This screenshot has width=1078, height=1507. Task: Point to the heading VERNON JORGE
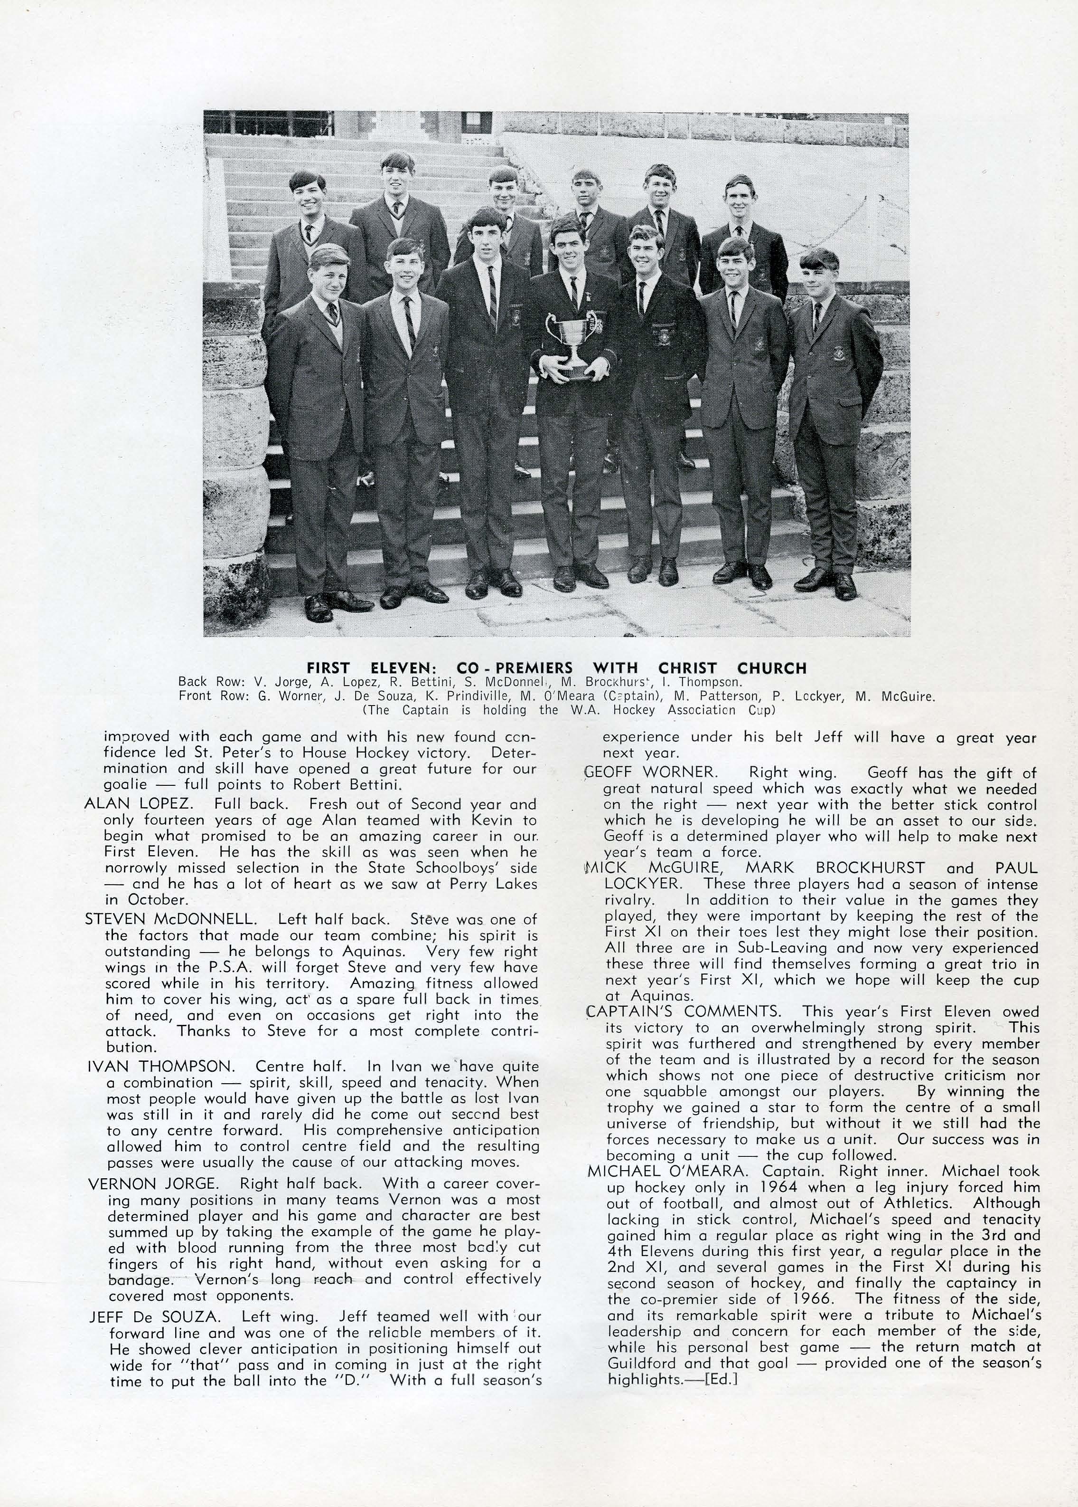[x=152, y=1183]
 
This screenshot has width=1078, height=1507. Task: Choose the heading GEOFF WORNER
[x=650, y=773]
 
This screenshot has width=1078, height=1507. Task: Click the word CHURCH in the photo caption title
[x=771, y=668]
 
